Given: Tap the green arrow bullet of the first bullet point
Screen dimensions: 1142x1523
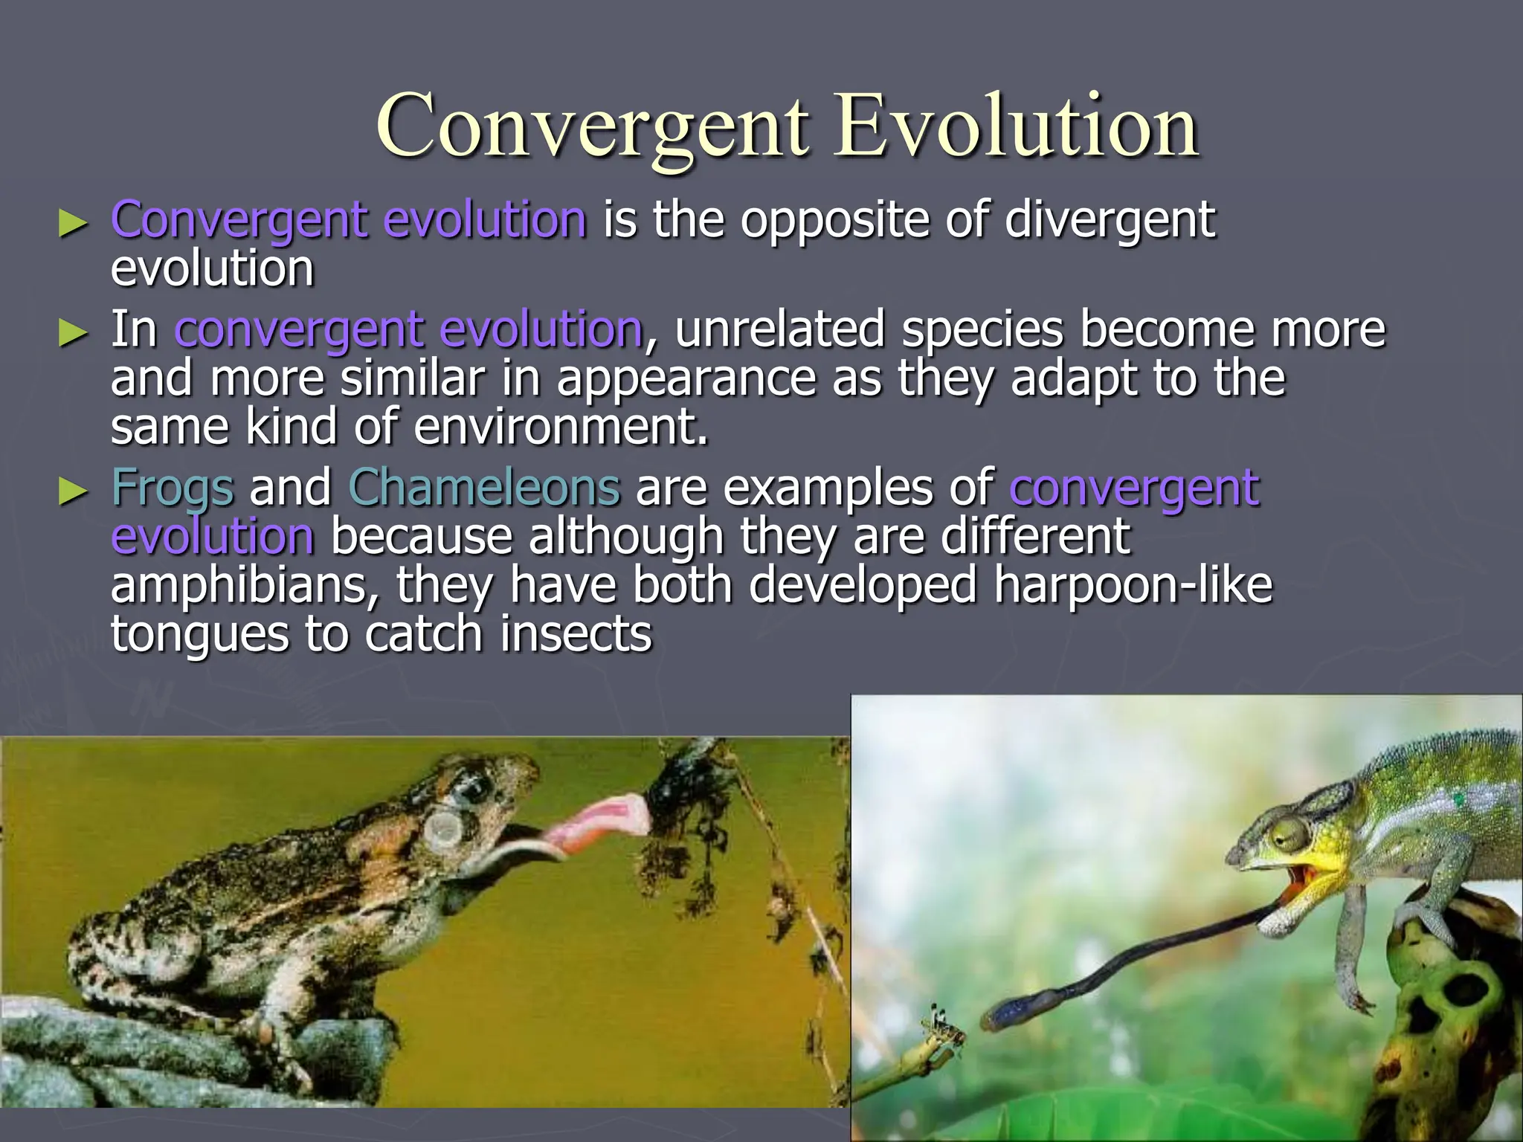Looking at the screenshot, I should coord(73,223).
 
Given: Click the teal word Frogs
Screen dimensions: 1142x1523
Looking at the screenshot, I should coord(173,489).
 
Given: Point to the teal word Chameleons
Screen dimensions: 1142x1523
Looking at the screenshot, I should coord(483,488).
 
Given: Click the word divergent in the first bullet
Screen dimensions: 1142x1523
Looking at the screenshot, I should coord(1110,222).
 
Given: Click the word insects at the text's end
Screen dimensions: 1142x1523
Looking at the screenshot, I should coord(576,633).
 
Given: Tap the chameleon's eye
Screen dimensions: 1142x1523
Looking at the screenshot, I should coord(1292,840).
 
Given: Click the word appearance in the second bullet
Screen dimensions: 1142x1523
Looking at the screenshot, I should coord(686,378).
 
